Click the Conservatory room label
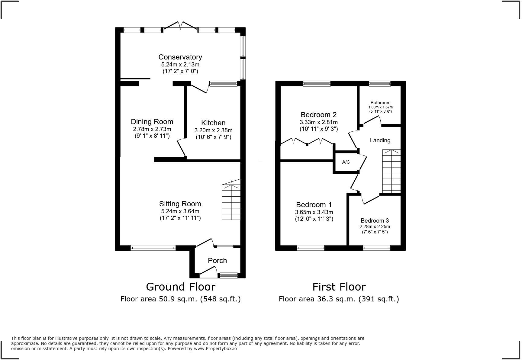coord(180,57)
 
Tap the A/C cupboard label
coord(346,162)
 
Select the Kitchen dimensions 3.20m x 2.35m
coord(213,130)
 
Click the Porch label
coord(217,261)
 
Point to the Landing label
coord(380,140)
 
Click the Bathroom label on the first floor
coord(380,103)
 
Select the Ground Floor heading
coord(180,287)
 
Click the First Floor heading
coord(339,287)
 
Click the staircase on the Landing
coord(391,171)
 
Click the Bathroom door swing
coord(372,121)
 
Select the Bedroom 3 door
coord(370,200)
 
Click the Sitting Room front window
coord(153,248)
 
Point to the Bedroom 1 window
coord(311,248)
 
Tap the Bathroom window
coord(379,83)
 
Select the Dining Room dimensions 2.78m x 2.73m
coord(152,129)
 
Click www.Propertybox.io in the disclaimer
coord(215,349)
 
